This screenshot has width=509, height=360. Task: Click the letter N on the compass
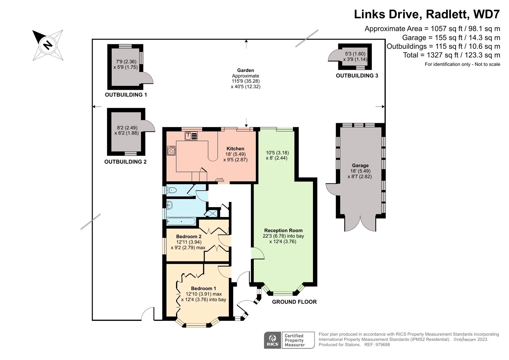[48, 45]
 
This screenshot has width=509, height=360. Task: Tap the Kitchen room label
[235, 149]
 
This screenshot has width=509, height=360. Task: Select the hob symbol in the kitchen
[171, 151]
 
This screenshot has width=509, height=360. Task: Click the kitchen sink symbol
[191, 136]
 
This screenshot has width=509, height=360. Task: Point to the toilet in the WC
[171, 190]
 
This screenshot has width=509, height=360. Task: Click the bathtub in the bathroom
[181, 221]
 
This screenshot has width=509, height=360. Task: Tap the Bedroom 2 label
[189, 236]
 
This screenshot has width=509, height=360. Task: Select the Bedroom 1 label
[204, 288]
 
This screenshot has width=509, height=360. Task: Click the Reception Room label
[283, 230]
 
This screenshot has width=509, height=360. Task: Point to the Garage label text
[360, 166]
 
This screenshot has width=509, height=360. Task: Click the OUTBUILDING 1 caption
[126, 95]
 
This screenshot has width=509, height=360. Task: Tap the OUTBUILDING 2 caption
[125, 162]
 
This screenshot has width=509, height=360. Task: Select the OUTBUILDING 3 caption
[357, 75]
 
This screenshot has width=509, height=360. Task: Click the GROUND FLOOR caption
[294, 302]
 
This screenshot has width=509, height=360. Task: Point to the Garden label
[246, 70]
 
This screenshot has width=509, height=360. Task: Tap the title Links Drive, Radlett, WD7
[427, 14]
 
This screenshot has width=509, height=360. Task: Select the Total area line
[451, 55]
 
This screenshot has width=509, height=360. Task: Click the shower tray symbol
[211, 213]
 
